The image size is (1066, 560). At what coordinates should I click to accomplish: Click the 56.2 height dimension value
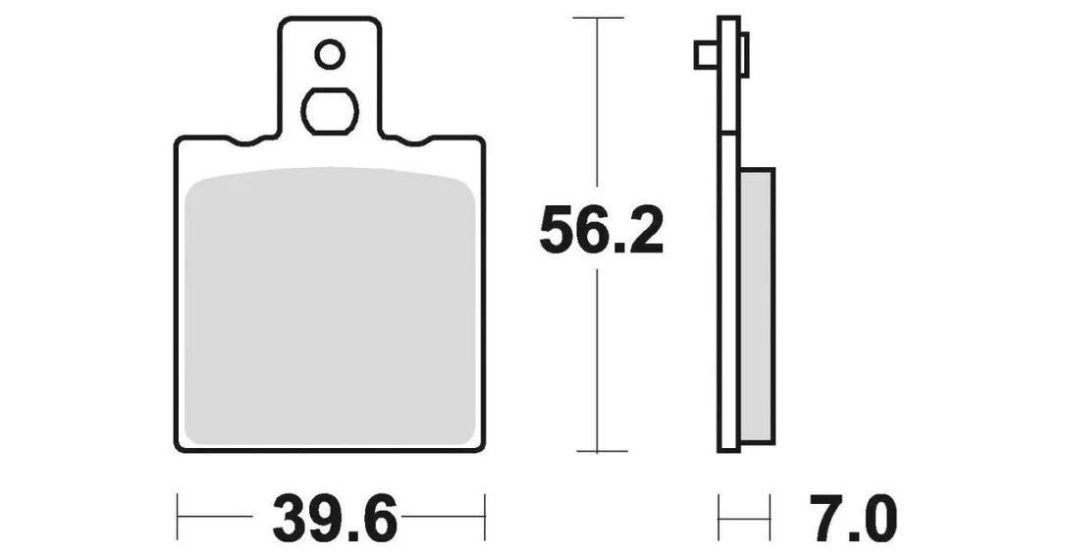pyautogui.click(x=601, y=229)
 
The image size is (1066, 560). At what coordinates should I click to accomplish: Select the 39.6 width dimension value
pyautogui.click(x=334, y=519)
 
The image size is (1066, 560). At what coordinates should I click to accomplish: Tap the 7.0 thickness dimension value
pyautogui.click(x=853, y=519)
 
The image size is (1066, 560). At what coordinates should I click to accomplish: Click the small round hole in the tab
pyautogui.click(x=331, y=54)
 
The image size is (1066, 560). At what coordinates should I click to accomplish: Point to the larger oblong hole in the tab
pyautogui.click(x=330, y=111)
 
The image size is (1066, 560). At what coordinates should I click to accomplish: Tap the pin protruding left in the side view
pyautogui.click(x=706, y=56)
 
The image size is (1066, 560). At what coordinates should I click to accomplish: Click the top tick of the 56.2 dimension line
pyautogui.click(x=598, y=18)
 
